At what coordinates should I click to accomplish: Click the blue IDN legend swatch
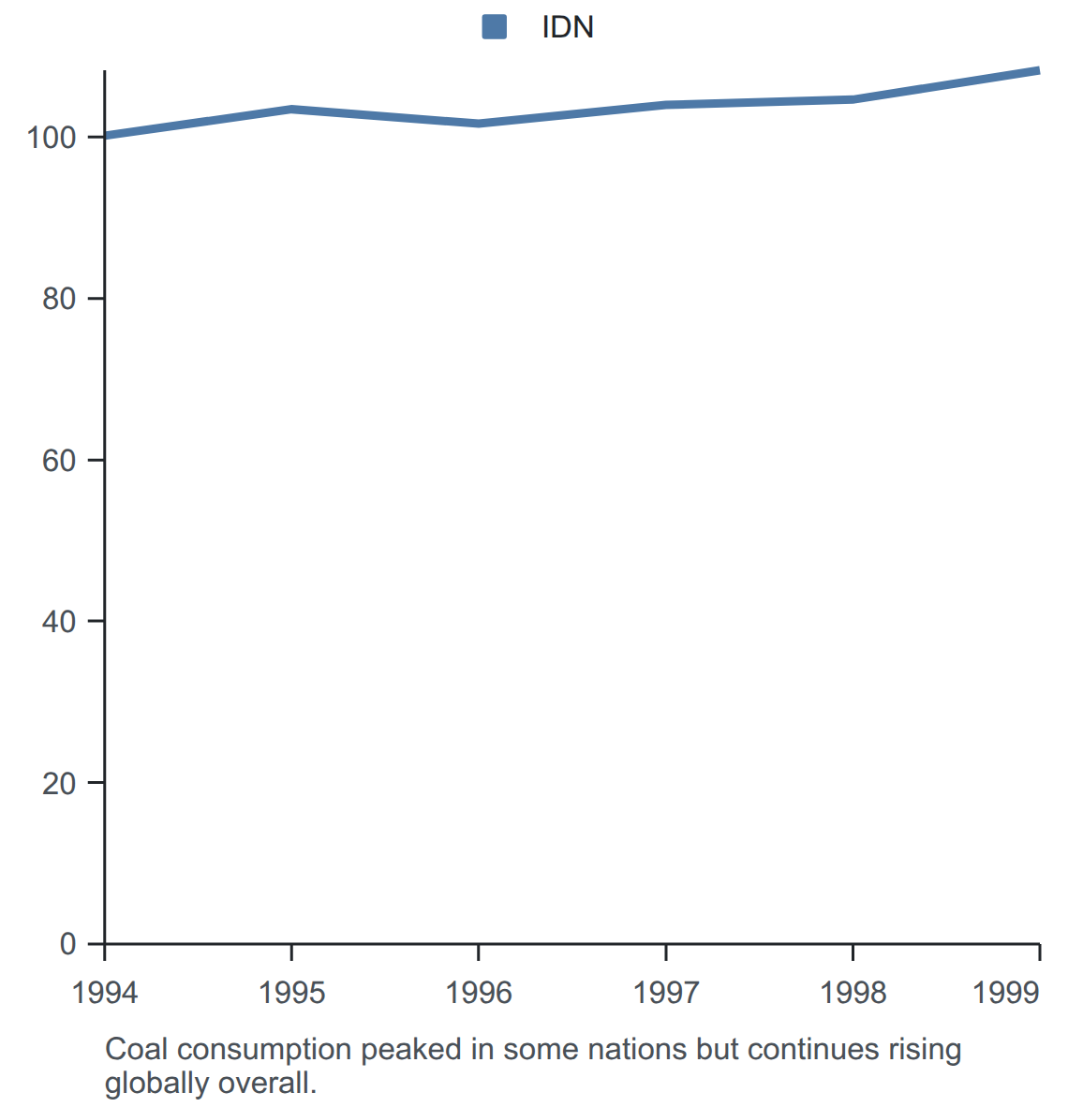tap(494, 27)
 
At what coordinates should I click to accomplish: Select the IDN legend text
tap(567, 27)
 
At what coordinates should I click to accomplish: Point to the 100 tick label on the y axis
tap(51, 138)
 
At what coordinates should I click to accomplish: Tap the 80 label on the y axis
tap(59, 299)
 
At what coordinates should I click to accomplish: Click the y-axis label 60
tap(59, 460)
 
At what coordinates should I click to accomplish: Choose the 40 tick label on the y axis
tap(59, 621)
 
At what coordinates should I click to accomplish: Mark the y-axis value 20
tap(59, 783)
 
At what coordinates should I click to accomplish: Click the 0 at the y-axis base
tap(67, 944)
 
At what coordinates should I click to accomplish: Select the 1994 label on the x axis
tap(105, 993)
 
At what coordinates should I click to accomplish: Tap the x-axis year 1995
tap(291, 993)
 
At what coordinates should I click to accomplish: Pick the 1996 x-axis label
tap(479, 993)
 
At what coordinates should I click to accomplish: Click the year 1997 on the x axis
tap(666, 993)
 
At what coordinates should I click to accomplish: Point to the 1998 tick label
tap(853, 993)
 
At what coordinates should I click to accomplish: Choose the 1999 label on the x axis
tap(1006, 993)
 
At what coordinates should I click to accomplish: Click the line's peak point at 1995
tap(291, 110)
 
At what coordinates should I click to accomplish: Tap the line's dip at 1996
tap(479, 124)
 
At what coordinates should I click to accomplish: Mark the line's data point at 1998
tap(853, 99)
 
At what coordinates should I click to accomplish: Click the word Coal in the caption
tap(137, 1049)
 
